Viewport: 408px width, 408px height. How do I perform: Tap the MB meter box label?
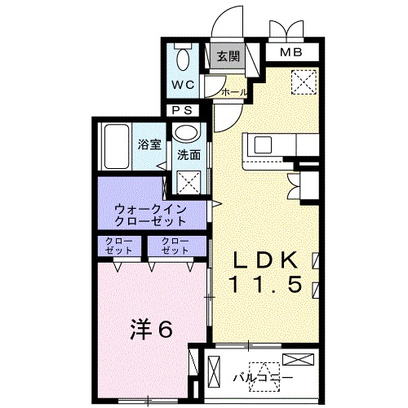pyautogui.click(x=290, y=54)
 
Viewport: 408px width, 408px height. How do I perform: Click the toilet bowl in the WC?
pyautogui.click(x=183, y=58)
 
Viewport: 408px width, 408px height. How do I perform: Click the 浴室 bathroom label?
pyautogui.click(x=149, y=145)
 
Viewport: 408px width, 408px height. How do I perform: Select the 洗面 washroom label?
pyautogui.click(x=190, y=154)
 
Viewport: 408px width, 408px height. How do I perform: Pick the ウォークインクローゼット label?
pyautogui.click(x=152, y=215)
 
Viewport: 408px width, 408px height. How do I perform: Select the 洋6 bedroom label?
pyautogui.click(x=151, y=329)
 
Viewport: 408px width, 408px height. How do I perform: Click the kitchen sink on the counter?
pyautogui.click(x=264, y=145)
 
